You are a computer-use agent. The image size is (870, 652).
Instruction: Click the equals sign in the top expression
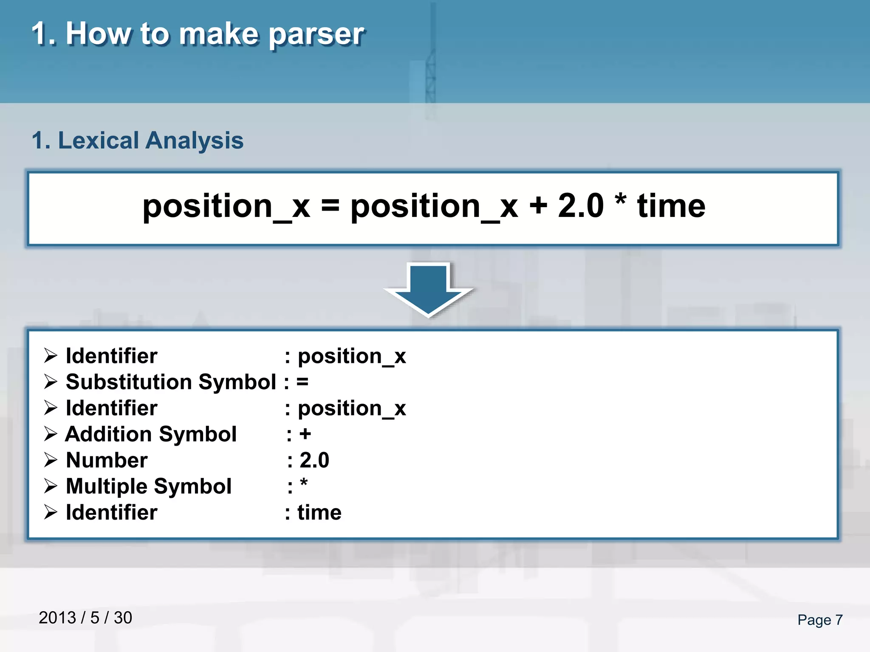tap(330, 206)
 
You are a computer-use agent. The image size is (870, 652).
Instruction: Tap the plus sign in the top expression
tap(538, 206)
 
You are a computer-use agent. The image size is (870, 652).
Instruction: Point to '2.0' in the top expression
tap(580, 206)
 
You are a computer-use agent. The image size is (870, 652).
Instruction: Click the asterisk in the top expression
tap(621, 200)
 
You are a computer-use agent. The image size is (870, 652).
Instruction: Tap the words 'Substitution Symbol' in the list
tap(171, 382)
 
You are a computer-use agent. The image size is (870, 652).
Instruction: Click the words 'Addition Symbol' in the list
tap(151, 434)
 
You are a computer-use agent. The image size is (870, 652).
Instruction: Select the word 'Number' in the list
tap(107, 461)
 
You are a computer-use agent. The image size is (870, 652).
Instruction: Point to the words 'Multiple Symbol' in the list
tap(149, 486)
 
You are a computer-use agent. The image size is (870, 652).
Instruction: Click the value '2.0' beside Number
tap(314, 461)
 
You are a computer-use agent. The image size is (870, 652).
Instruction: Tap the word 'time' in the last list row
tap(319, 513)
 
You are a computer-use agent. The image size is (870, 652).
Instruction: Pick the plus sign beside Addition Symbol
tap(305, 434)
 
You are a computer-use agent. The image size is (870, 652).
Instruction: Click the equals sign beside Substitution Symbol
tap(302, 382)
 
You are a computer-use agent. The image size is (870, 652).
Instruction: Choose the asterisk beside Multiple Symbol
tap(303, 483)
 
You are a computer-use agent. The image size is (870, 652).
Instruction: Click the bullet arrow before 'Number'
tap(51, 461)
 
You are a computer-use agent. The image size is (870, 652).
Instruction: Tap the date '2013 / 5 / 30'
tap(85, 618)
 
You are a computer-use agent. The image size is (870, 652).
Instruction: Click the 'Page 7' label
tap(820, 620)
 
